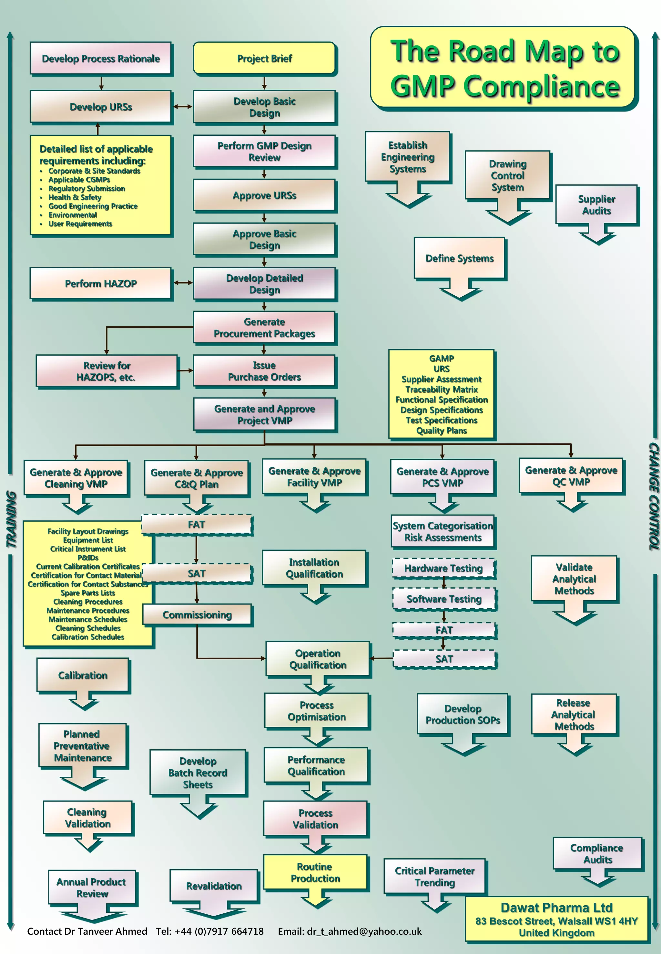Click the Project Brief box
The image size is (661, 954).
[x=264, y=58]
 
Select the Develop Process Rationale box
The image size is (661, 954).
[x=101, y=58]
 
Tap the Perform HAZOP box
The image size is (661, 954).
[x=101, y=283]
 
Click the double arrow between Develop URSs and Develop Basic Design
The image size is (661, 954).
[x=182, y=107]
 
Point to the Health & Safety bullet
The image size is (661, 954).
[x=75, y=197]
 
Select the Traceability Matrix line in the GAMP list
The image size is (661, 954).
[x=442, y=389]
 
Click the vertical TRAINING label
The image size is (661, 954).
[x=12, y=520]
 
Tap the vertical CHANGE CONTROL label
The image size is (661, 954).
[x=653, y=497]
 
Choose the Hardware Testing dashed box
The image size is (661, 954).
[x=443, y=568]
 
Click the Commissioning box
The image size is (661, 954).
[x=197, y=615]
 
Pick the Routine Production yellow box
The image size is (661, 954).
[x=315, y=872]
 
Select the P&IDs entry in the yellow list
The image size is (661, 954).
[x=88, y=558]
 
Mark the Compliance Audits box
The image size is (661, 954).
[x=597, y=853]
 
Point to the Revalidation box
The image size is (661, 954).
[x=214, y=886]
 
